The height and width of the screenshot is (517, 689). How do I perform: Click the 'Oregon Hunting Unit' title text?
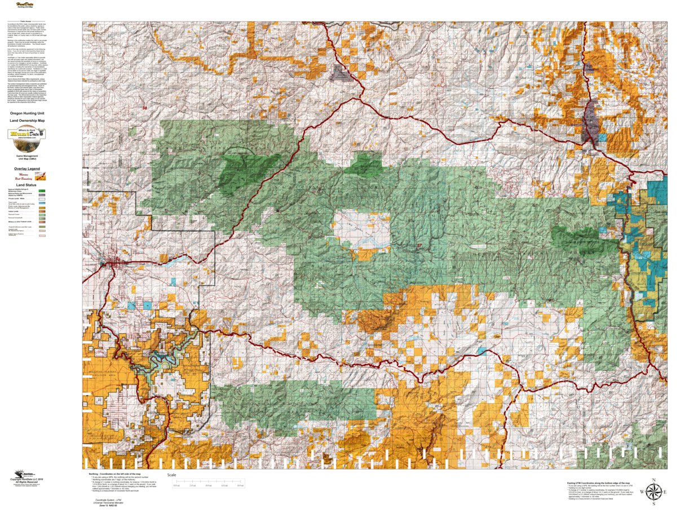coord(27,113)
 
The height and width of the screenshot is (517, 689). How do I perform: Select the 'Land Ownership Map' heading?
coord(27,121)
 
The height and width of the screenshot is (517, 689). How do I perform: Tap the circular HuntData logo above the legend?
coord(26,134)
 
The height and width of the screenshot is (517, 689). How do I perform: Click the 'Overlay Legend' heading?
coord(27,169)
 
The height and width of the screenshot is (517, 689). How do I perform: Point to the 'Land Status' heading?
coord(26,185)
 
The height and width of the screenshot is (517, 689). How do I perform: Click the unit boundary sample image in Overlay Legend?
coord(41,176)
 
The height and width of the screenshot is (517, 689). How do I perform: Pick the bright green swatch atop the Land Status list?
coord(42,191)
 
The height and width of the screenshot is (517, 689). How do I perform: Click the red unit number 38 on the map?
coord(144,108)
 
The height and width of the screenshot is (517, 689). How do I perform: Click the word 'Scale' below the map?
coord(172,475)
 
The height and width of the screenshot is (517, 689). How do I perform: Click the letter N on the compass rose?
coord(653,481)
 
